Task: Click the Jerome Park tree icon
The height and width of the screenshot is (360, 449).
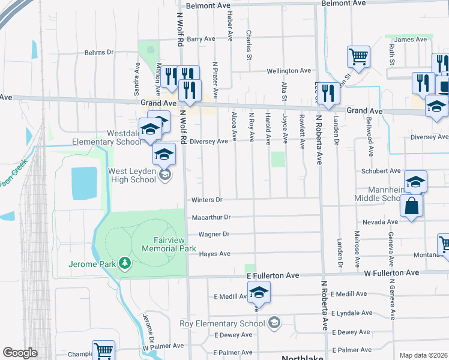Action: tap(124, 263)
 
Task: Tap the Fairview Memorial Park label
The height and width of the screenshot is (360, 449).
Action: tap(169, 244)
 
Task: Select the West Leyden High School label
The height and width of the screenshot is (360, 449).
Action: tap(131, 175)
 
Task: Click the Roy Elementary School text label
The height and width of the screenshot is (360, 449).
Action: tap(222, 324)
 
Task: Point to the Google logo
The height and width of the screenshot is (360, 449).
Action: tap(20, 353)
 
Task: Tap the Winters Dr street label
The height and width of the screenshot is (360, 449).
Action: tap(207, 200)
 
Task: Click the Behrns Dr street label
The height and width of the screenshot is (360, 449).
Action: tap(99, 52)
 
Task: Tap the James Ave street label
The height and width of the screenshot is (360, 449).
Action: tap(411, 40)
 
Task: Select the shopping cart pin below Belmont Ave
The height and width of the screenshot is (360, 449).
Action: tap(358, 57)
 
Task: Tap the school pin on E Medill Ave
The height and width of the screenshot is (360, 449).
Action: tap(259, 292)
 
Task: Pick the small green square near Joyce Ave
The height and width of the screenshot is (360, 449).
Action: tap(277, 160)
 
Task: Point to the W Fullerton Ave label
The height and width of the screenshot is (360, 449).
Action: tap(391, 273)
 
